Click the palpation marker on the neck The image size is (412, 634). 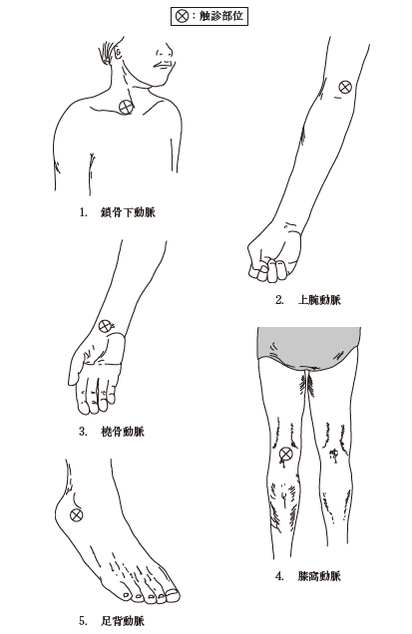click(126, 108)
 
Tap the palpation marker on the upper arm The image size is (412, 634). click(344, 87)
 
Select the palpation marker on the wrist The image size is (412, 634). click(107, 326)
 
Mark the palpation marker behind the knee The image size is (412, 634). click(286, 455)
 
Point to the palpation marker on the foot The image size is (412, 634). click(77, 514)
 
